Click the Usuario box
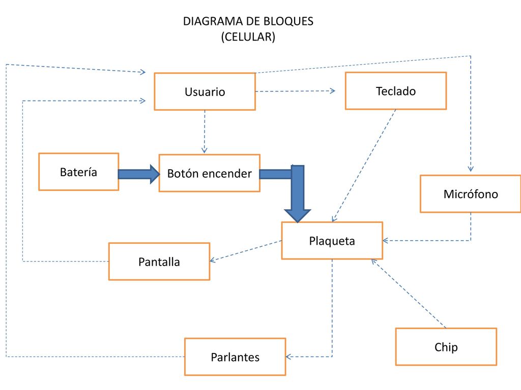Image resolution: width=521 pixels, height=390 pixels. pos(205,91)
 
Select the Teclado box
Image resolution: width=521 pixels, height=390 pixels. pos(396,91)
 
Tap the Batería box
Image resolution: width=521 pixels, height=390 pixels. pos(79,172)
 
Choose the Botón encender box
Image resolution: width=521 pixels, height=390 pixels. pos(209,173)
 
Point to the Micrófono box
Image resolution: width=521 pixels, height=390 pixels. pos(471,193)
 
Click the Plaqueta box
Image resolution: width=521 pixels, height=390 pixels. pos(332,240)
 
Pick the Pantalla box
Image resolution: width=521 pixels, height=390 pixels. pos(159,262)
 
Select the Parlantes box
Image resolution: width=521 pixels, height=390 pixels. pos(235,357)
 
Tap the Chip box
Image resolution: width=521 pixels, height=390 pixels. pos(446,347)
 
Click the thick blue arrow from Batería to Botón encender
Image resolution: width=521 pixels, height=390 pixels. pos(139,174)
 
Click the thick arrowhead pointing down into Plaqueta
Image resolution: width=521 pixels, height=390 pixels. pos(297,215)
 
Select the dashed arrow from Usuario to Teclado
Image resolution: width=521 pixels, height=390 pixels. pos(296,91)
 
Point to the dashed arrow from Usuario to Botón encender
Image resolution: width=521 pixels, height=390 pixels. pos(205,132)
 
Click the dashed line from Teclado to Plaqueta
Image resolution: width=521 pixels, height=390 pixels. pos(364,166)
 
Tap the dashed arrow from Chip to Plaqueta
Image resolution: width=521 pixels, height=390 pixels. pos(409,294)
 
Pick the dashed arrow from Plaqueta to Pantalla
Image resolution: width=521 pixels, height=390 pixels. pos(246,251)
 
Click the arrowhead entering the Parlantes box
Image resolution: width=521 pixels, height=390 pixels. pos(288,357)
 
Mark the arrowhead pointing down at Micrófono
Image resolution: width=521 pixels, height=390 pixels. pos(471,169)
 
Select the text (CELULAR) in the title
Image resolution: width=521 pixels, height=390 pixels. pos(248,37)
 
